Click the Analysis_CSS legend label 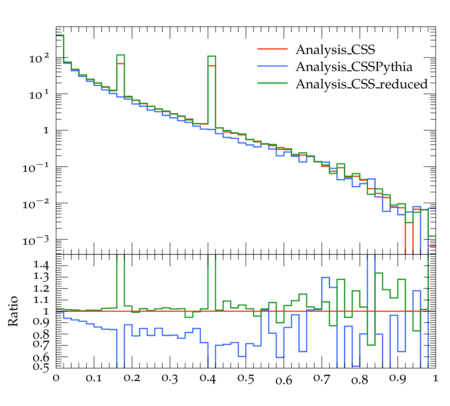click(335, 50)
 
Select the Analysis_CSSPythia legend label click(354, 67)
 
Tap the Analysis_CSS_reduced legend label click(362, 84)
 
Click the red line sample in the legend click(272, 49)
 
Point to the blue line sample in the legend click(272, 66)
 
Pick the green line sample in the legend click(272, 83)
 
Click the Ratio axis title click(13, 311)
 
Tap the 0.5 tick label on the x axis click(246, 378)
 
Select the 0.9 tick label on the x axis click(398, 378)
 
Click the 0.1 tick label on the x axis click(94, 378)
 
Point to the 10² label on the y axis click(39, 58)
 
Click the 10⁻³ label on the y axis click(35, 240)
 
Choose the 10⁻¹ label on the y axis click(35, 167)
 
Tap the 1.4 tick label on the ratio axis click(41, 265)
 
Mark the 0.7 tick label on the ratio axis click(41, 344)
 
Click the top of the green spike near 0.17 click(120, 55)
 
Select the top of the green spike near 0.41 click(211, 56)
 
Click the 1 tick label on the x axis click(435, 378)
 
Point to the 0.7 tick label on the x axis click(322, 378)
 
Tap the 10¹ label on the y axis click(39, 95)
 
